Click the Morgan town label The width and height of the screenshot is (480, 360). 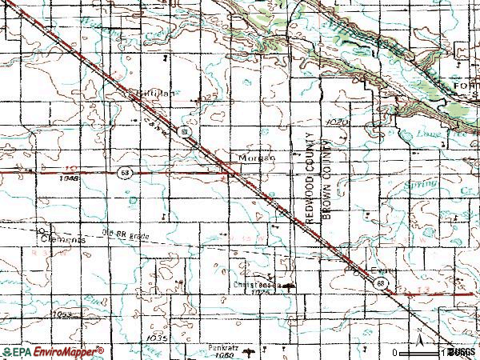click(x=256, y=158)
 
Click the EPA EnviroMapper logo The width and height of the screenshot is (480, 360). click(x=52, y=351)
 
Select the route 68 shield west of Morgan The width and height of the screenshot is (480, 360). click(x=123, y=172)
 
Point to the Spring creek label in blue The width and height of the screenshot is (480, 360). click(x=422, y=185)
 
